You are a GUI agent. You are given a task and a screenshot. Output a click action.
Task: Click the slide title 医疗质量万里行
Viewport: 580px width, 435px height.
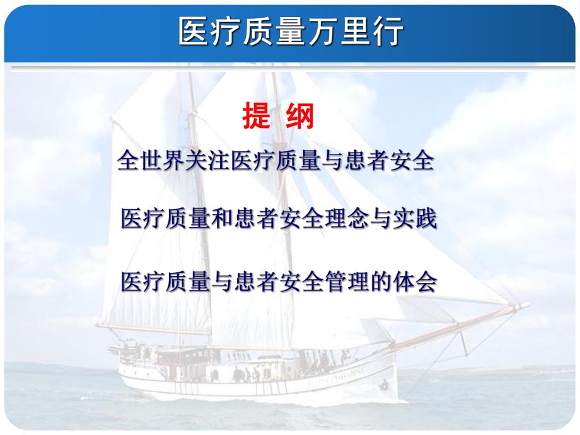coord(291,32)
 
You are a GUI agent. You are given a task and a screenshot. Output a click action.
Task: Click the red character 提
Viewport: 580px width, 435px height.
coord(257,117)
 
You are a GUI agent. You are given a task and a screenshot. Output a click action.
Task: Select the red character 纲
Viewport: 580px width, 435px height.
coord(300,117)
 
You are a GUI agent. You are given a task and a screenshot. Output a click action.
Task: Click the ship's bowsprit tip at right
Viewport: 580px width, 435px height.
coord(524,306)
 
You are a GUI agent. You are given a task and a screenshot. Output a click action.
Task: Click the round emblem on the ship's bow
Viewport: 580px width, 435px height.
coord(383,384)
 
